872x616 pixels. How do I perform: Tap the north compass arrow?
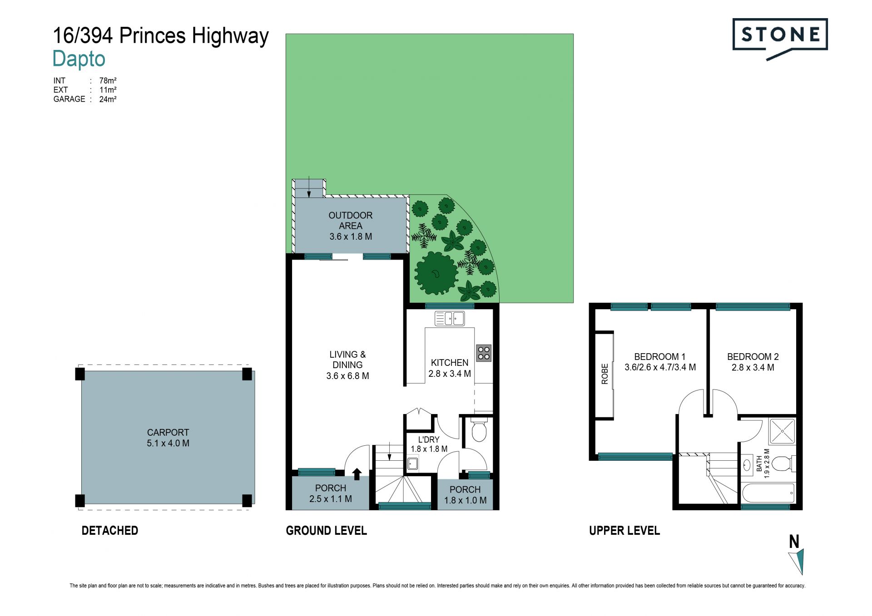pyautogui.click(x=798, y=562)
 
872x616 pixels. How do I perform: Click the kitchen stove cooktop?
pyautogui.click(x=484, y=353)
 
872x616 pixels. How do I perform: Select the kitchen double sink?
pyautogui.click(x=450, y=318)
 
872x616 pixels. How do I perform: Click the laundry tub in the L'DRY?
pyautogui.click(x=412, y=463)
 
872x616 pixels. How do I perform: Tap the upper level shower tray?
pyautogui.click(x=782, y=431)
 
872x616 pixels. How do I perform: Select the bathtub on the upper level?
pyautogui.click(x=768, y=493)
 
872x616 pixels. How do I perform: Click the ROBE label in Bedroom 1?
pyautogui.click(x=604, y=374)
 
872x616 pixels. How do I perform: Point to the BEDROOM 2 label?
pyautogui.click(x=753, y=357)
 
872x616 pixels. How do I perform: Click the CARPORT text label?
pyautogui.click(x=168, y=433)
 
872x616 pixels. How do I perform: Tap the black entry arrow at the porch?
pyautogui.click(x=357, y=474)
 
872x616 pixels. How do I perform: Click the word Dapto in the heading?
pyautogui.click(x=79, y=59)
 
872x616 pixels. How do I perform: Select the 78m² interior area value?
pyautogui.click(x=108, y=81)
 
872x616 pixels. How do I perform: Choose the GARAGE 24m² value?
pyautogui.click(x=108, y=99)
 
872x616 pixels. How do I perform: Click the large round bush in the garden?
pyautogui.click(x=436, y=273)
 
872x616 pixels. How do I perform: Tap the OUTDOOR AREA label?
pyautogui.click(x=351, y=221)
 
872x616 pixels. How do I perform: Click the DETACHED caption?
pyautogui.click(x=110, y=531)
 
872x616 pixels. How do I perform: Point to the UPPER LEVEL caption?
pyautogui.click(x=624, y=531)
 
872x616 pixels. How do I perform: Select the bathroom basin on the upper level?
pyautogui.click(x=747, y=465)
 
